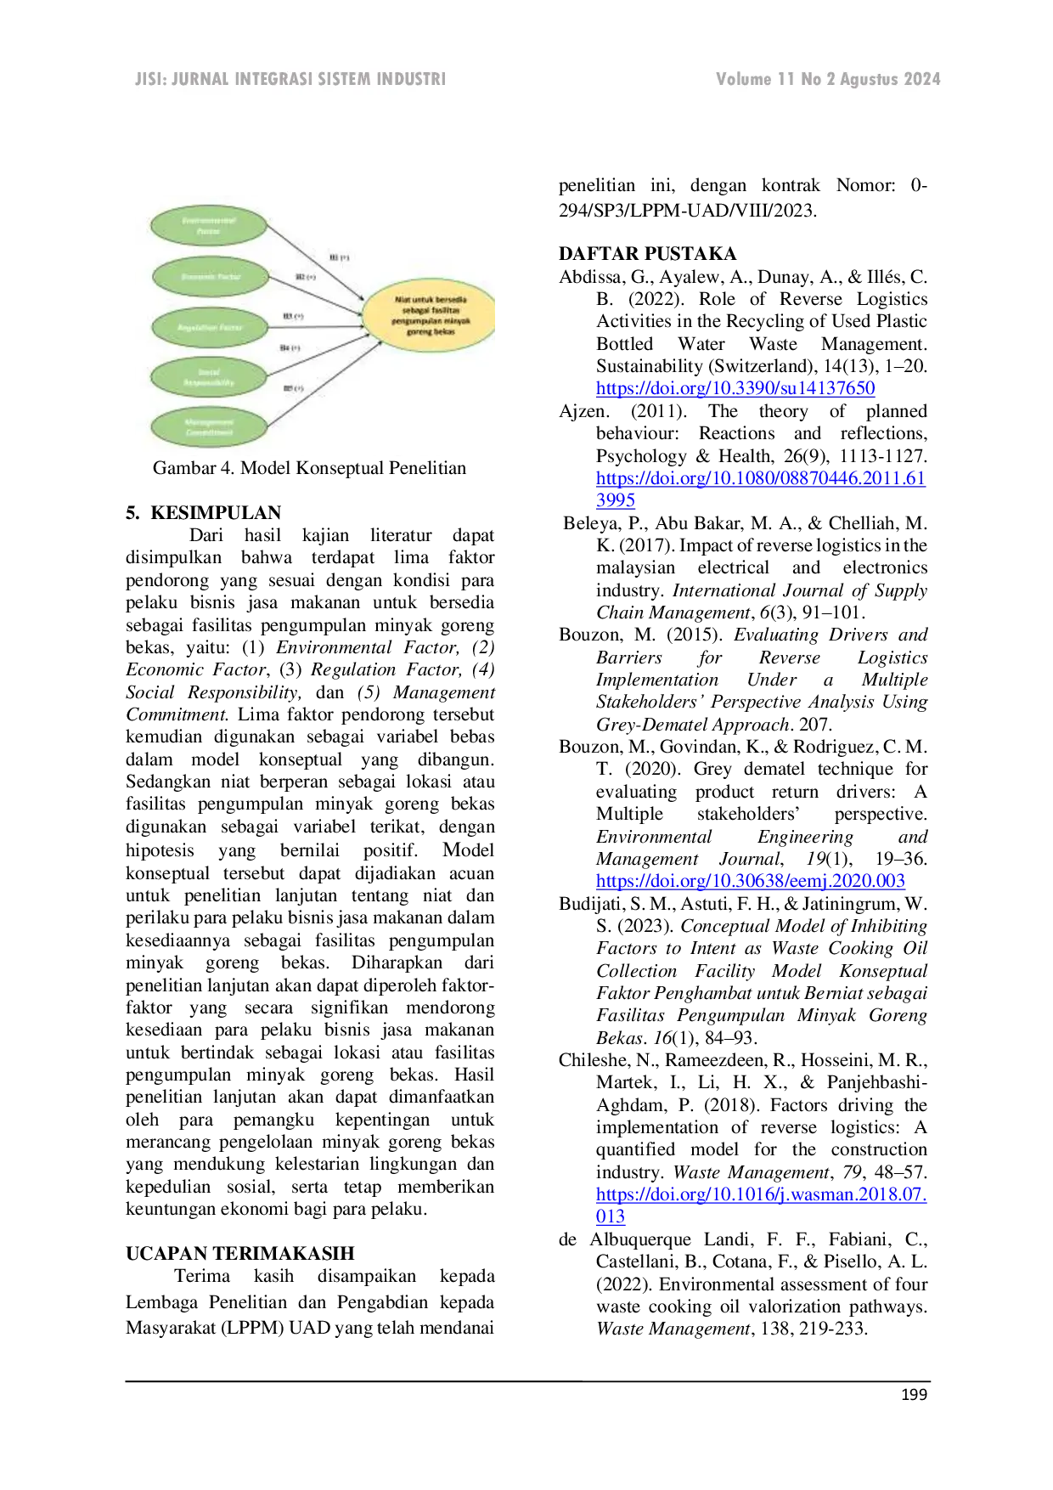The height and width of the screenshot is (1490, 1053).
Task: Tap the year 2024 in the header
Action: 921,79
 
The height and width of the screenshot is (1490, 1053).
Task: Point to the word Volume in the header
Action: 744,79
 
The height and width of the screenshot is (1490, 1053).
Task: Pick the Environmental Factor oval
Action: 209,226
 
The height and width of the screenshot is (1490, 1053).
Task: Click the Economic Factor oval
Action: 211,277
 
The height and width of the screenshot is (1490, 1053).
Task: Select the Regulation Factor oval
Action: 210,328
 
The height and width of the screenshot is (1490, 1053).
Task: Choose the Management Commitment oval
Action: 209,427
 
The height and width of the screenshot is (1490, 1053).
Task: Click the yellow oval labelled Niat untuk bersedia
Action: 430,315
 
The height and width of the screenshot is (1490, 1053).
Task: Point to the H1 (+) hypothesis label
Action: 339,257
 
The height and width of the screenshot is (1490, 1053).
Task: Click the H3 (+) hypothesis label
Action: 293,316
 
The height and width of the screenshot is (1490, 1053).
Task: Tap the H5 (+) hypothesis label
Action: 293,388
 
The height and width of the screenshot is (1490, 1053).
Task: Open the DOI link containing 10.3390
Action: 735,389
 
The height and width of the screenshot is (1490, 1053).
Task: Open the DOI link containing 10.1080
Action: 759,478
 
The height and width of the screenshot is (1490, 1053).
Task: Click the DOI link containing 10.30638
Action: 751,881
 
